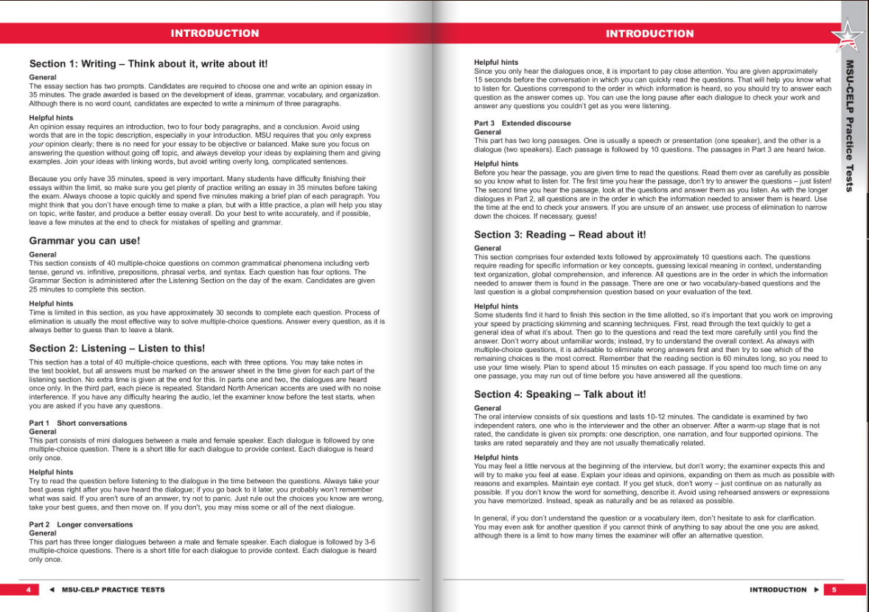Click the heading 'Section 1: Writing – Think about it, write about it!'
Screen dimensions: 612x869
[148, 64]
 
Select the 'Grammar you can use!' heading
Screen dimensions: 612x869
[84, 241]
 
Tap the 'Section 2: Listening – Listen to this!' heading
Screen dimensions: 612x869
[117, 348]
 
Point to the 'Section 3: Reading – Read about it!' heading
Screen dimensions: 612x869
[559, 235]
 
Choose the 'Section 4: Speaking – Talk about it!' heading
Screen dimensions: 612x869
[559, 395]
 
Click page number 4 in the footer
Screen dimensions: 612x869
[28, 590]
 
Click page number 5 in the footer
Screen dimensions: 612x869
[833, 590]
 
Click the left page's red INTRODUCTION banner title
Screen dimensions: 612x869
[214, 33]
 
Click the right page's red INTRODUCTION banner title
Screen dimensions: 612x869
[649, 33]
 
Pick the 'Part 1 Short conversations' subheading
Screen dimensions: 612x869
[78, 423]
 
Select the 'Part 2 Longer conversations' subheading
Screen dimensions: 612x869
[81, 524]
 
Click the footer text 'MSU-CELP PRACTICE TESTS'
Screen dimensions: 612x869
[114, 590]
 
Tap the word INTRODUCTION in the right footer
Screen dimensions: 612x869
[778, 590]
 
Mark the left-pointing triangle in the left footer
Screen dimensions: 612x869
[52, 590]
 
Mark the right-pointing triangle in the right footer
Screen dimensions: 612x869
[816, 590]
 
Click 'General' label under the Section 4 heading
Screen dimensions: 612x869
[487, 408]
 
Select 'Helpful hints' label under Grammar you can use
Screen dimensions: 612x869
[51, 303]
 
